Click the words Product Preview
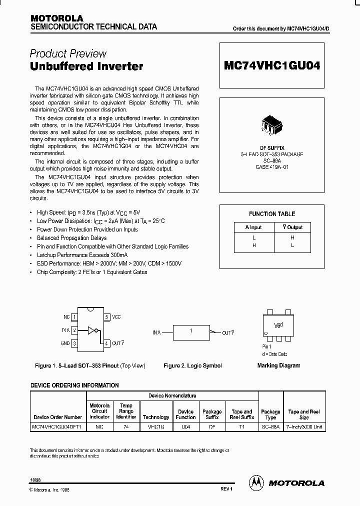[x=68, y=53]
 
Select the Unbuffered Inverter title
[x=86, y=66]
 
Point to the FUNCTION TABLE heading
[x=272, y=214]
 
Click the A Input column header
[x=253, y=227]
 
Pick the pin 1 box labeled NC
[x=74, y=317]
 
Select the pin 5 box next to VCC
[x=106, y=317]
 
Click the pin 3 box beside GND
[x=74, y=343]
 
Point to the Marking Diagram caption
[x=278, y=365]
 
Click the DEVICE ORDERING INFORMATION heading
[x=75, y=385]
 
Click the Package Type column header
[x=270, y=414]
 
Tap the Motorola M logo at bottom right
[x=257, y=482]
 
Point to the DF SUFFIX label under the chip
[x=272, y=148]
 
